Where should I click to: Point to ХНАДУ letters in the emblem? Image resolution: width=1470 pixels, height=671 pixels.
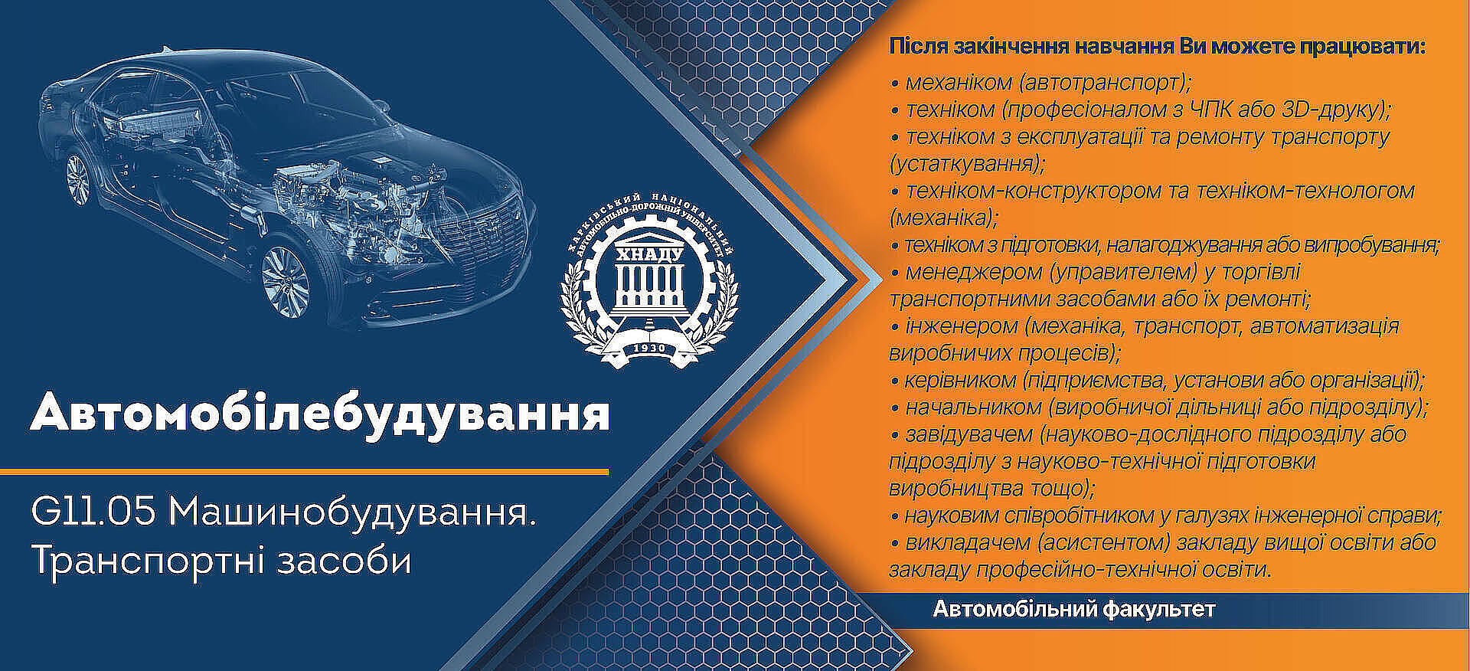click(x=648, y=254)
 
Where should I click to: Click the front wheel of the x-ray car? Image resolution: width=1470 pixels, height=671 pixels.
click(x=287, y=282)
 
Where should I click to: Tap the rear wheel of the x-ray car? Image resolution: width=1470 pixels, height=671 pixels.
click(x=77, y=178)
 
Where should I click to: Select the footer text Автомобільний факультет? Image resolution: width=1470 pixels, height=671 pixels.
click(x=1073, y=610)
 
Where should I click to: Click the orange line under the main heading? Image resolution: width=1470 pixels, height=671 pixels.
click(x=304, y=472)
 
